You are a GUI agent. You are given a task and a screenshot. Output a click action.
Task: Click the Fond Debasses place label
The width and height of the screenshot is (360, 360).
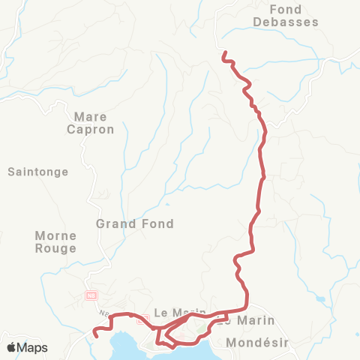tap(295, 16)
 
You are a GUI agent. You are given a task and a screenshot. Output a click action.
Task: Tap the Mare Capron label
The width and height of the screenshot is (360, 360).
tap(94, 123)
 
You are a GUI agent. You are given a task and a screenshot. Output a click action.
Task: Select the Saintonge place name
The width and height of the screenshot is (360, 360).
tap(37, 172)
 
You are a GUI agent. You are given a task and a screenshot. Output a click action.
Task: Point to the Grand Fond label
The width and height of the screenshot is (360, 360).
tap(135, 223)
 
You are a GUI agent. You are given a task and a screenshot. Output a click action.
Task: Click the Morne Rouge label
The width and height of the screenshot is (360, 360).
tap(56, 241)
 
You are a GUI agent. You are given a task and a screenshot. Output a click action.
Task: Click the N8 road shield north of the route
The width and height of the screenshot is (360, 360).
tap(91, 295)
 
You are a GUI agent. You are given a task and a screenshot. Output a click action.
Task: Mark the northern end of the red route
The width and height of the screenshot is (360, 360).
tap(223, 52)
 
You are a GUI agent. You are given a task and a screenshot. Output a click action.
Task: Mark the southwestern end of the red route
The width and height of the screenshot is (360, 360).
tap(94, 331)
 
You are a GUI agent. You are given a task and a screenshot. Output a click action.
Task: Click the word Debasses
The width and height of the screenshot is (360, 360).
tap(295, 22)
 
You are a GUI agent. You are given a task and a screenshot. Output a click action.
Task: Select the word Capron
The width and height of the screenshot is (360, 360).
tap(94, 129)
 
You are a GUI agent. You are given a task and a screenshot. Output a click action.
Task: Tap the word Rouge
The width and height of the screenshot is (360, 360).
tap(56, 248)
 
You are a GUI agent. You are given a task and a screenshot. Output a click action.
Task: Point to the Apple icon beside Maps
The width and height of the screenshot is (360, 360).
tap(11, 347)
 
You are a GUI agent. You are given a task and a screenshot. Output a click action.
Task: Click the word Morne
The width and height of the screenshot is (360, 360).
tap(56, 235)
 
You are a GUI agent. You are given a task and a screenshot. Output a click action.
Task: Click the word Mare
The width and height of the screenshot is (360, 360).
tap(91, 117)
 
